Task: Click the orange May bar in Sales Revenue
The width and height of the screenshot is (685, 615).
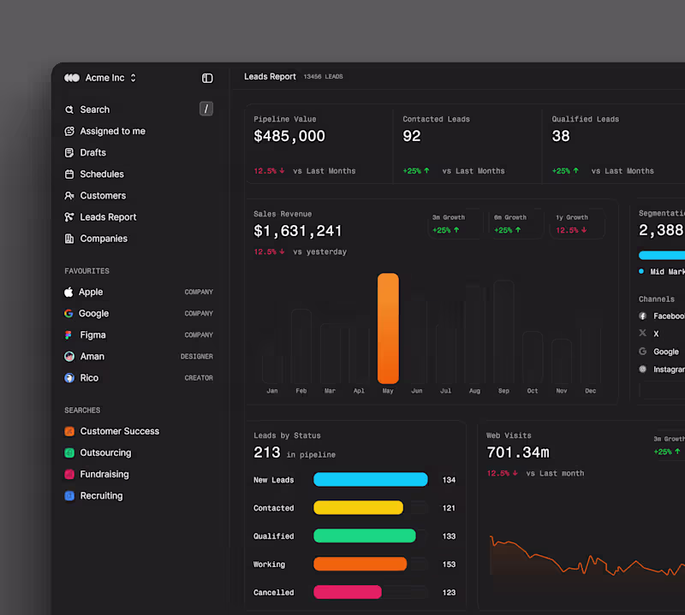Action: pos(388,328)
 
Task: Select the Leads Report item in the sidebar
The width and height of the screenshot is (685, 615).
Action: pos(108,217)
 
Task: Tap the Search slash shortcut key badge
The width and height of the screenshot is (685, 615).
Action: pos(206,109)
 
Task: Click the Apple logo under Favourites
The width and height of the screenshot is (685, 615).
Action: pos(68,292)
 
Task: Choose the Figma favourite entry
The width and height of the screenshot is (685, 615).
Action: pos(92,335)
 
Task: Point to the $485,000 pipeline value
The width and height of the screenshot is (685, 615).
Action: pos(289,136)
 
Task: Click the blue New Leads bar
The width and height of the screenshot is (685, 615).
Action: pos(370,480)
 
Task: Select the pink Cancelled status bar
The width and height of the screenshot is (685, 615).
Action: pos(347,592)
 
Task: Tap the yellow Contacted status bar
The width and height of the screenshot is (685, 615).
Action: pos(358,508)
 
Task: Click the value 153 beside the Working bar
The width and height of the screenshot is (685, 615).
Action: pos(449,565)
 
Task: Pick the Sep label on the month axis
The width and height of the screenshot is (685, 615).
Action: pos(503,391)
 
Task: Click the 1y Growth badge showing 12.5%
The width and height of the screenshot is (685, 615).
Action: pos(577,224)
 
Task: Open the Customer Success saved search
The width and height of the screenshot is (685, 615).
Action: pos(119,431)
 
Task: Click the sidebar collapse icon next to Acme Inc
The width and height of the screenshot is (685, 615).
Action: pos(207,78)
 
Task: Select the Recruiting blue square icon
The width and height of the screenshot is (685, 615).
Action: pos(69,496)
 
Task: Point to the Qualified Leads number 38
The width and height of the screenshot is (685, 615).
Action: pos(561,136)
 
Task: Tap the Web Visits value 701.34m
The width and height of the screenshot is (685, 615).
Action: pos(517,452)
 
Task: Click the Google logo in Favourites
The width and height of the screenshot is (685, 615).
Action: pos(68,314)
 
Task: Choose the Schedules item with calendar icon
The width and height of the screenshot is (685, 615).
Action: pos(101,174)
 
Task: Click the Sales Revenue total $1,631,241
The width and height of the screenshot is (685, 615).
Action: pos(298,231)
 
